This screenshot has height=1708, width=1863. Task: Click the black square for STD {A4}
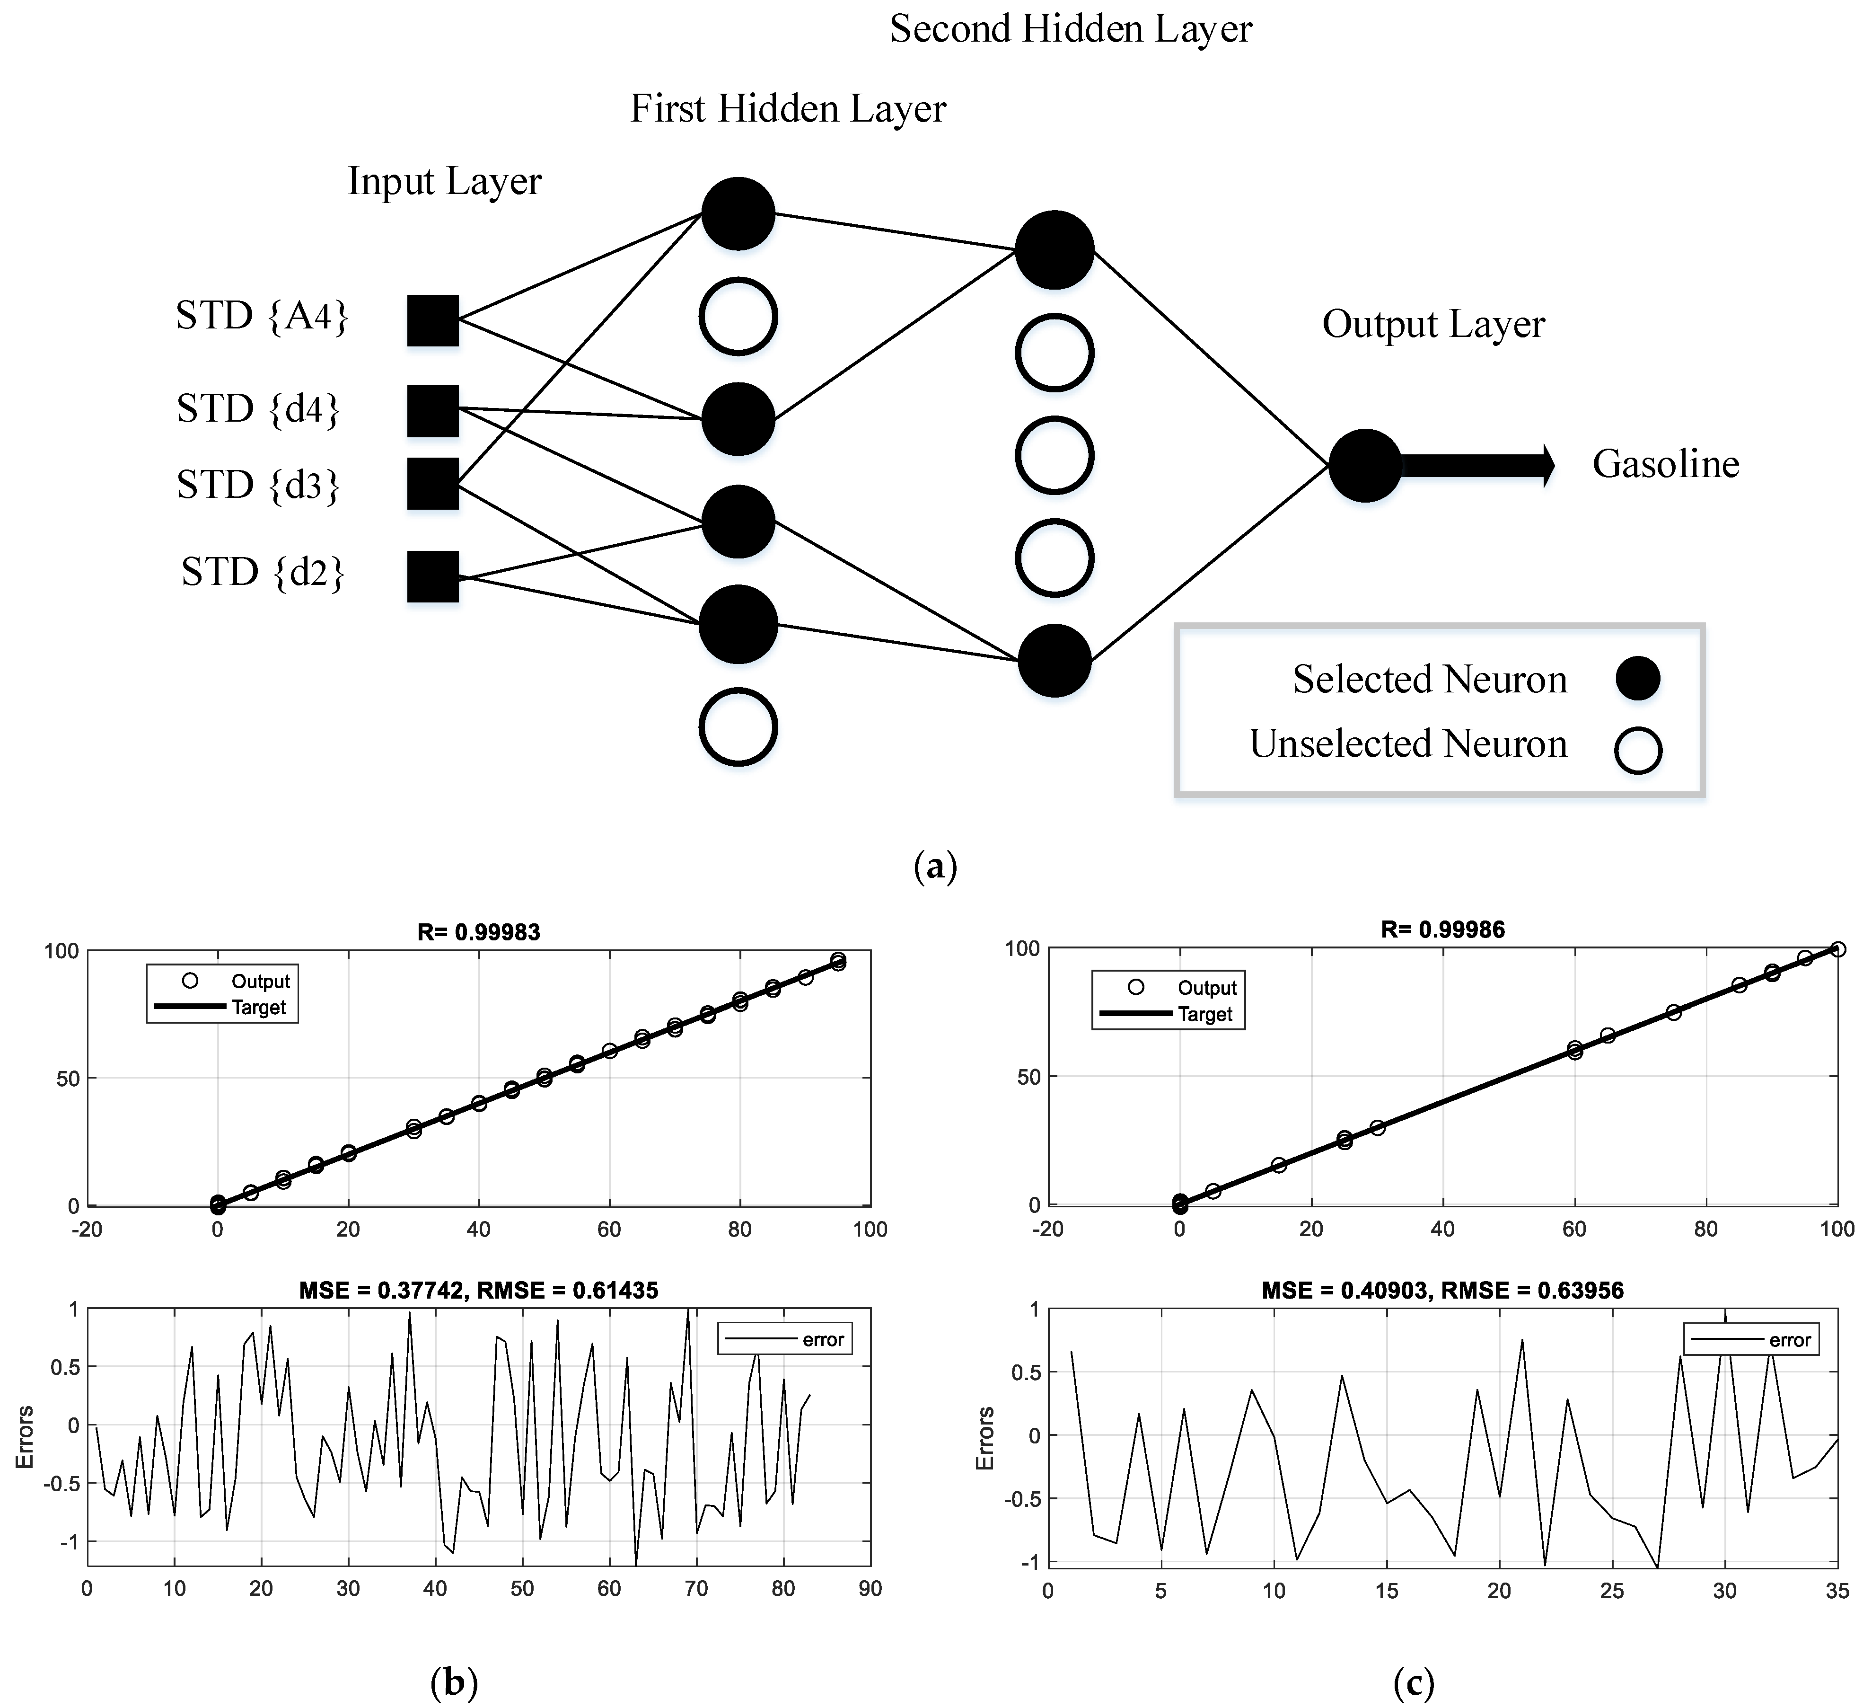pyautogui.click(x=432, y=321)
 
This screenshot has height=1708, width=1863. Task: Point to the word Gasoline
pyautogui.click(x=1665, y=464)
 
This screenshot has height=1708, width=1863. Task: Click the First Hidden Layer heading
pyautogui.click(x=788, y=109)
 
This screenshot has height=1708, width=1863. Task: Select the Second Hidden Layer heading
pyautogui.click(x=1070, y=29)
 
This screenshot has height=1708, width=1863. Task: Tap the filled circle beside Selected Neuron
pyautogui.click(x=1637, y=678)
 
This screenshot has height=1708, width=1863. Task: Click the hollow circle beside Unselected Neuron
pyautogui.click(x=1637, y=751)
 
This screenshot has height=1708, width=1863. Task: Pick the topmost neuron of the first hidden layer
pyautogui.click(x=738, y=213)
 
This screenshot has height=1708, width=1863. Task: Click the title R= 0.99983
pyautogui.click(x=479, y=932)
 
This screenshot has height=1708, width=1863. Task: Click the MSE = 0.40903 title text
pyautogui.click(x=1442, y=1290)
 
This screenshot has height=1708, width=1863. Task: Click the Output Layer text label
pyautogui.click(x=1433, y=324)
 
